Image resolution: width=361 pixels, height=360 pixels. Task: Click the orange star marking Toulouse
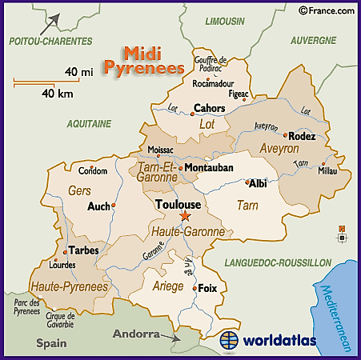point(185,217)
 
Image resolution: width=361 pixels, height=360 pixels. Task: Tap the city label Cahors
point(210,109)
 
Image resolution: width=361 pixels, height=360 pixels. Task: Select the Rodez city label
point(302,136)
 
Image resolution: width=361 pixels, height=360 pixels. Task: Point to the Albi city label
point(258,183)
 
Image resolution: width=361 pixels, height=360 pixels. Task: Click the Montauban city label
point(209,168)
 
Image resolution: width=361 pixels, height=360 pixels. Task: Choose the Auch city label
point(98,206)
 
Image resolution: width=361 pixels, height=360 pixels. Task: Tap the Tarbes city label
point(83,250)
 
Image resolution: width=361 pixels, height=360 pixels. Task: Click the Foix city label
point(208,288)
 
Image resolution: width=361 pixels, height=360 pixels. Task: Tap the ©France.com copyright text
point(326,10)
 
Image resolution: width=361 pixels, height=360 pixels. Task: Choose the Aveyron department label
point(279,149)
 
